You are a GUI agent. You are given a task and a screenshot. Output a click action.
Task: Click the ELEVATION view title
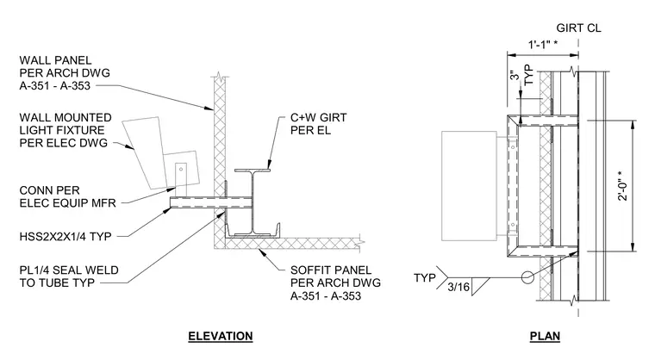pyautogui.click(x=220, y=336)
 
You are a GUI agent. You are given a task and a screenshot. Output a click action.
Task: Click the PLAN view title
pyautogui.click(x=545, y=336)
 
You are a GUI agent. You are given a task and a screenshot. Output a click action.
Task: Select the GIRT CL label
pyautogui.click(x=578, y=28)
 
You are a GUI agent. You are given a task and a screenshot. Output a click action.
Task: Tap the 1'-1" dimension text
pyautogui.click(x=543, y=44)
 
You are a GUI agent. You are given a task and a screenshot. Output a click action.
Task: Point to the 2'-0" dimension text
pyautogui.click(x=623, y=185)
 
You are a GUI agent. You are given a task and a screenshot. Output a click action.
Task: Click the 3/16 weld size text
pyautogui.click(x=458, y=287)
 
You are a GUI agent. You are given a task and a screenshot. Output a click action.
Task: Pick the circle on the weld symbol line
pyautogui.click(x=527, y=277)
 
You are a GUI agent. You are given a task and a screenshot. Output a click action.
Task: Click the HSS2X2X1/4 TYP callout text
pyautogui.click(x=65, y=237)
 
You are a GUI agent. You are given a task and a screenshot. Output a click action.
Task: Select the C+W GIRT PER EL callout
pyautogui.click(x=318, y=124)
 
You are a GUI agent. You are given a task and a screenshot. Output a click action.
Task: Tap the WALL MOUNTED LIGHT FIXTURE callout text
pyautogui.click(x=65, y=130)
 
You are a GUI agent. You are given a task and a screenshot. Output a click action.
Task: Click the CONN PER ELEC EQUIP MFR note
pyautogui.click(x=67, y=196)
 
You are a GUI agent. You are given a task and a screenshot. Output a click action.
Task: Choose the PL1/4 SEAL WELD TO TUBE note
pyautogui.click(x=69, y=276)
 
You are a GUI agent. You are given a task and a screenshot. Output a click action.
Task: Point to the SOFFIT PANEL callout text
pyautogui.click(x=335, y=283)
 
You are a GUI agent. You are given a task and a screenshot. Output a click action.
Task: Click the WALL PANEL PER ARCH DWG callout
pyautogui.click(x=65, y=73)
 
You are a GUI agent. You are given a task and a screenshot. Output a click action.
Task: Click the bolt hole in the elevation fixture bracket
pyautogui.click(x=181, y=169)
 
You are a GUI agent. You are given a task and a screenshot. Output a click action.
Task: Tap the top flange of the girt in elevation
pyautogui.click(x=253, y=170)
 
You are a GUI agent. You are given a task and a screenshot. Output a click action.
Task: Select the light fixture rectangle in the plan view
pyautogui.click(x=469, y=186)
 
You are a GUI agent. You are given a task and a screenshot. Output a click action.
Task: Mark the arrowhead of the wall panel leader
pyautogui.click(x=210, y=109)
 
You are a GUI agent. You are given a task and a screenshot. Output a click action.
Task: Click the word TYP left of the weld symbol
pyautogui.click(x=425, y=277)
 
